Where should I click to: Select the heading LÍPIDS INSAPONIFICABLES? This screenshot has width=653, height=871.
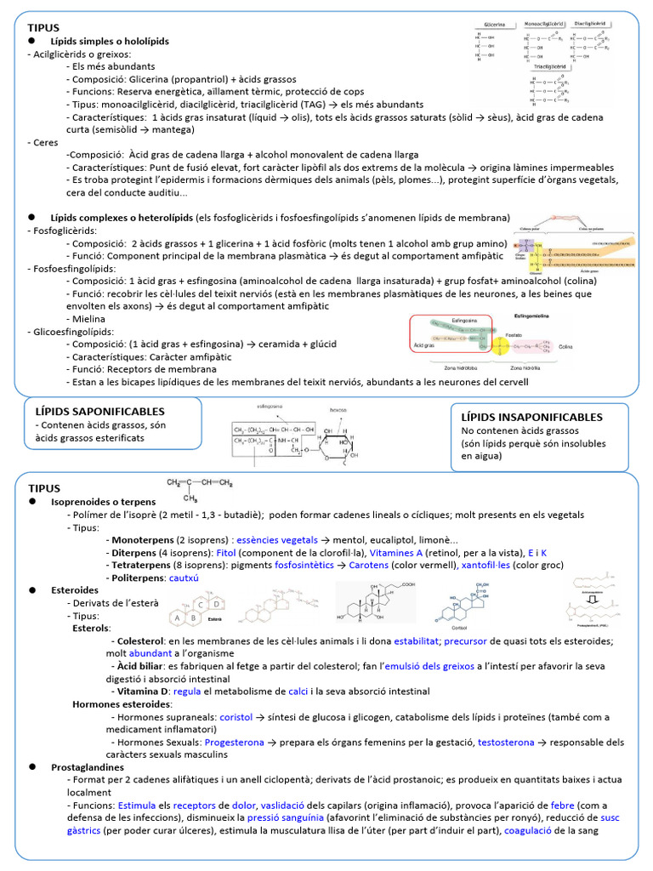click(x=531, y=417)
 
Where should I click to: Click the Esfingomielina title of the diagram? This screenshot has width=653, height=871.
click(x=535, y=315)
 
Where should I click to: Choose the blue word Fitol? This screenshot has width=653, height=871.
click(x=226, y=552)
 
